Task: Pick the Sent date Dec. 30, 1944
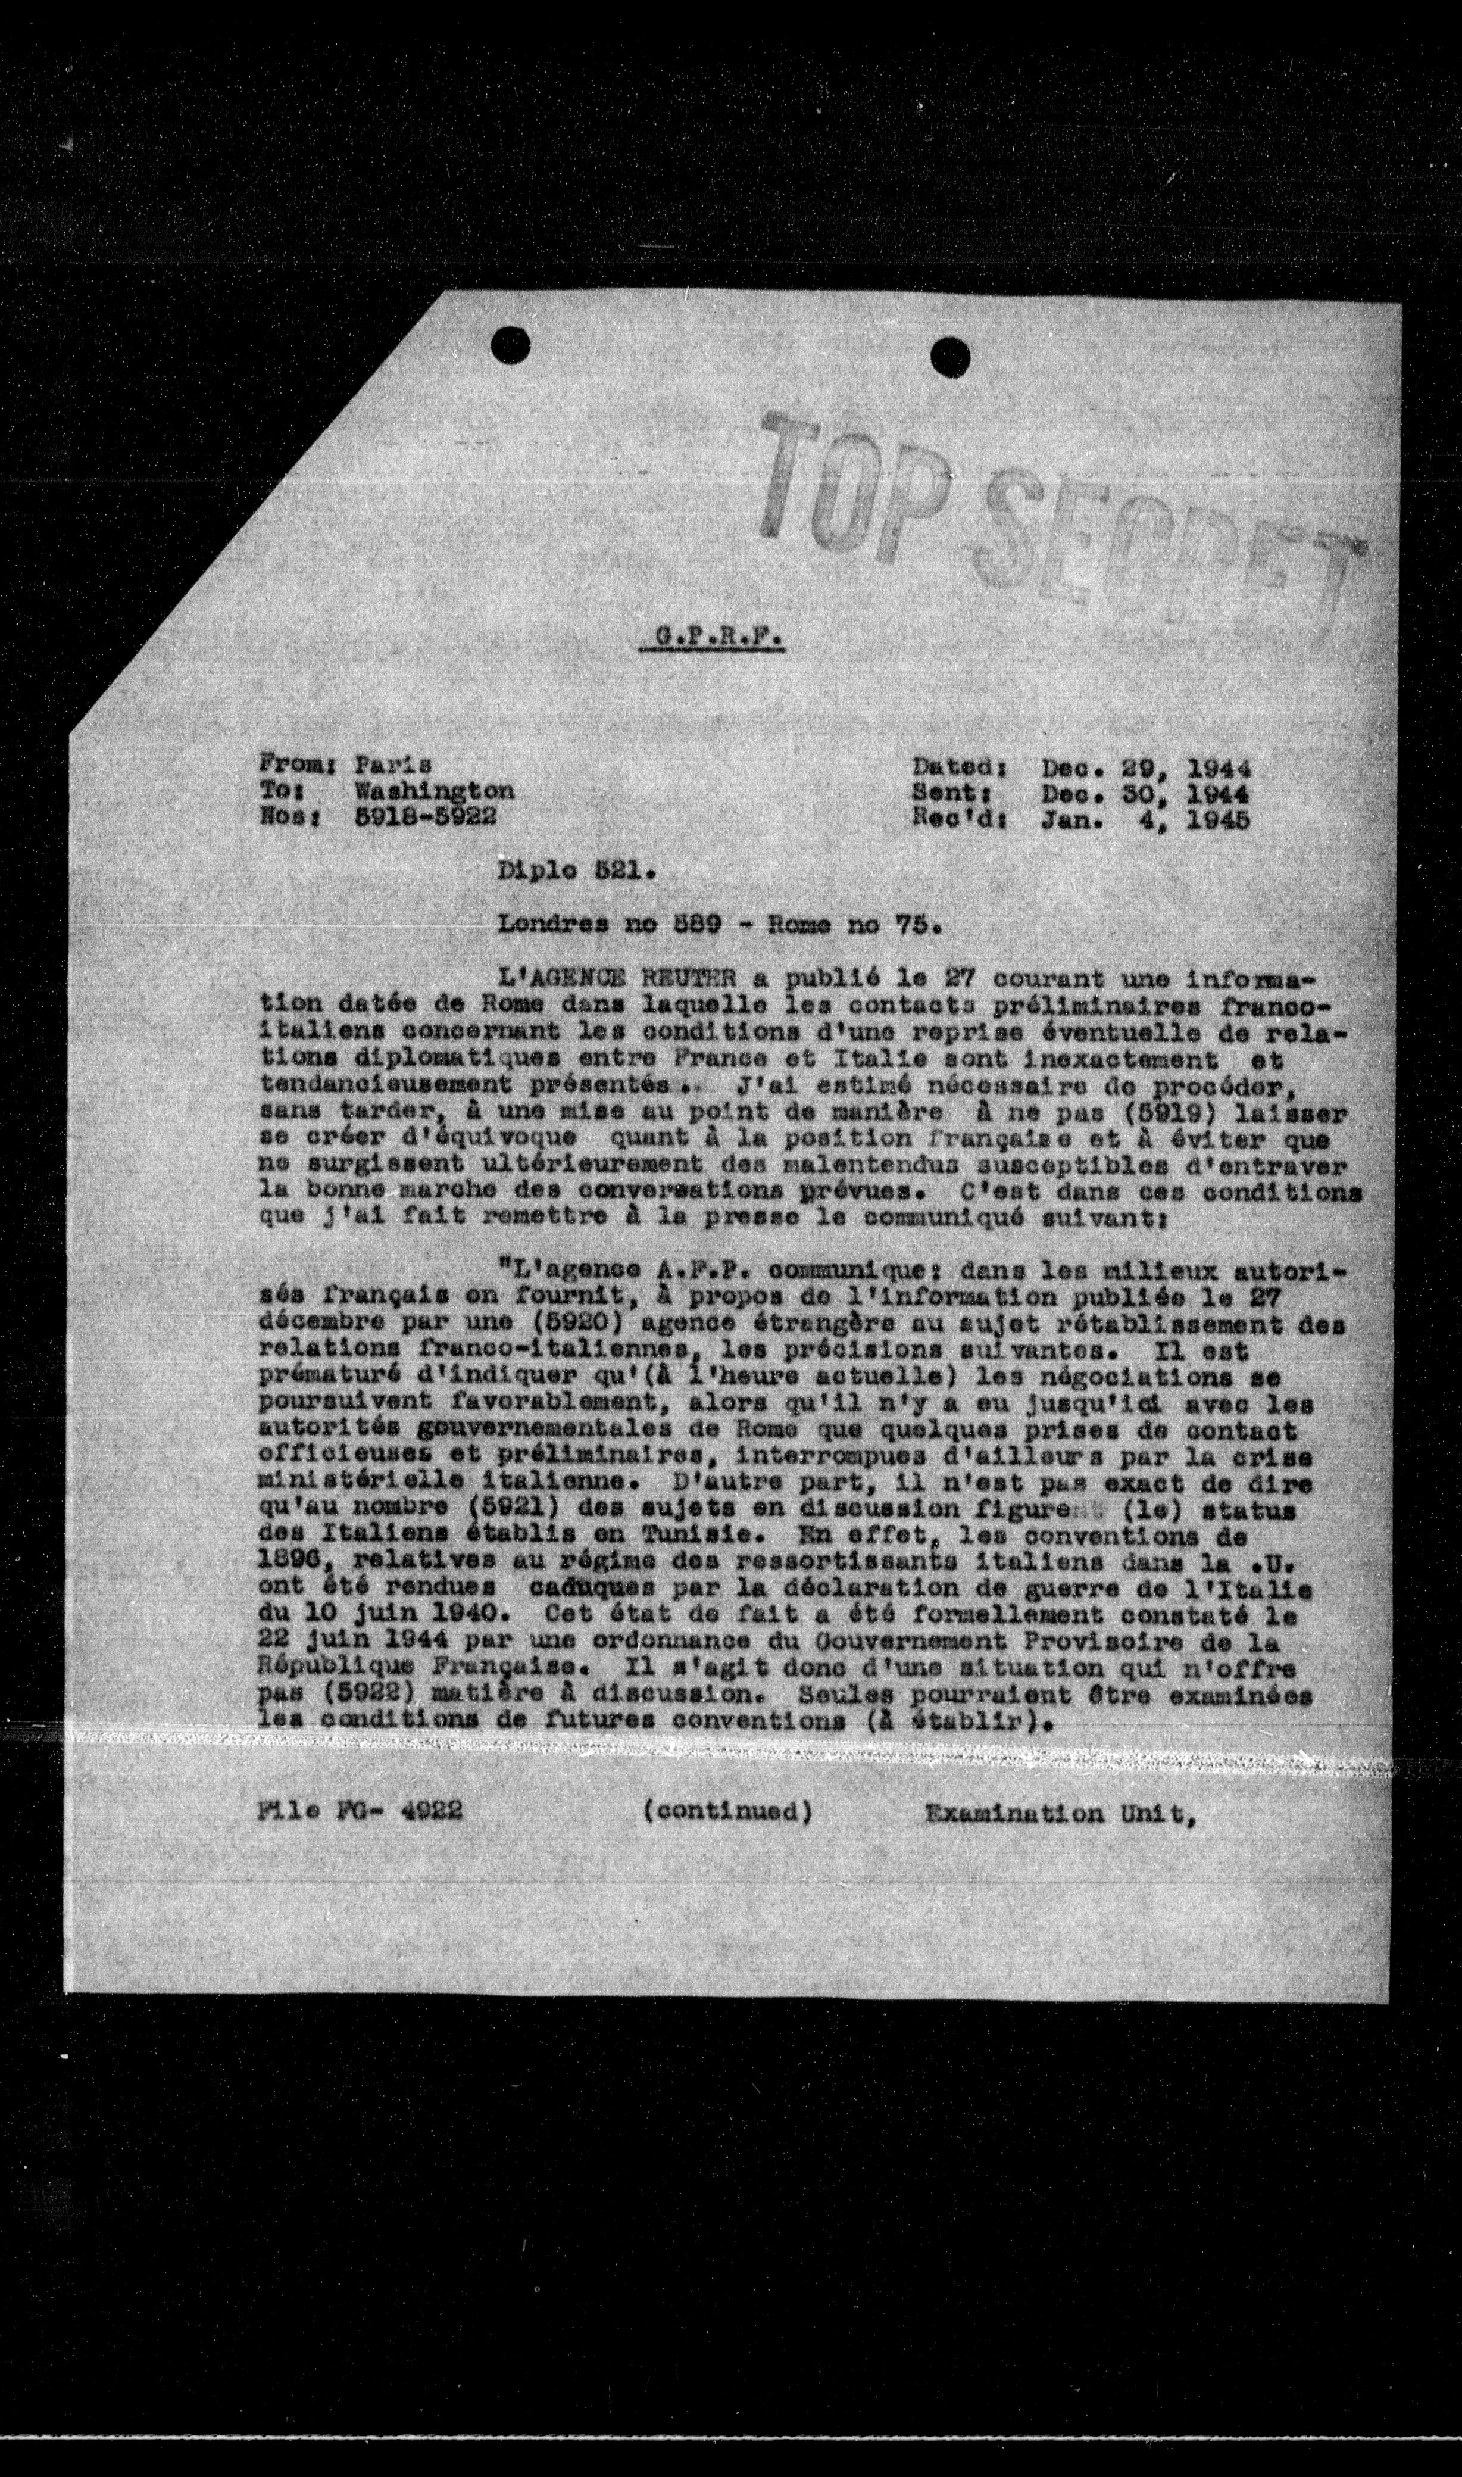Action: pyautogui.click(x=1146, y=793)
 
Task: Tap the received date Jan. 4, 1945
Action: pyautogui.click(x=1146, y=820)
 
